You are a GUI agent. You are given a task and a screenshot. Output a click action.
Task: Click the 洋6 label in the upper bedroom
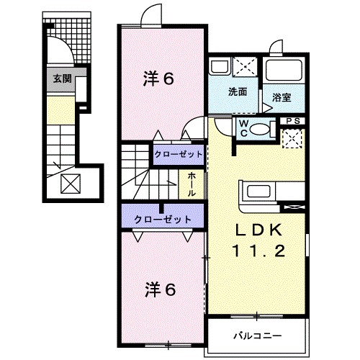click(x=158, y=78)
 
